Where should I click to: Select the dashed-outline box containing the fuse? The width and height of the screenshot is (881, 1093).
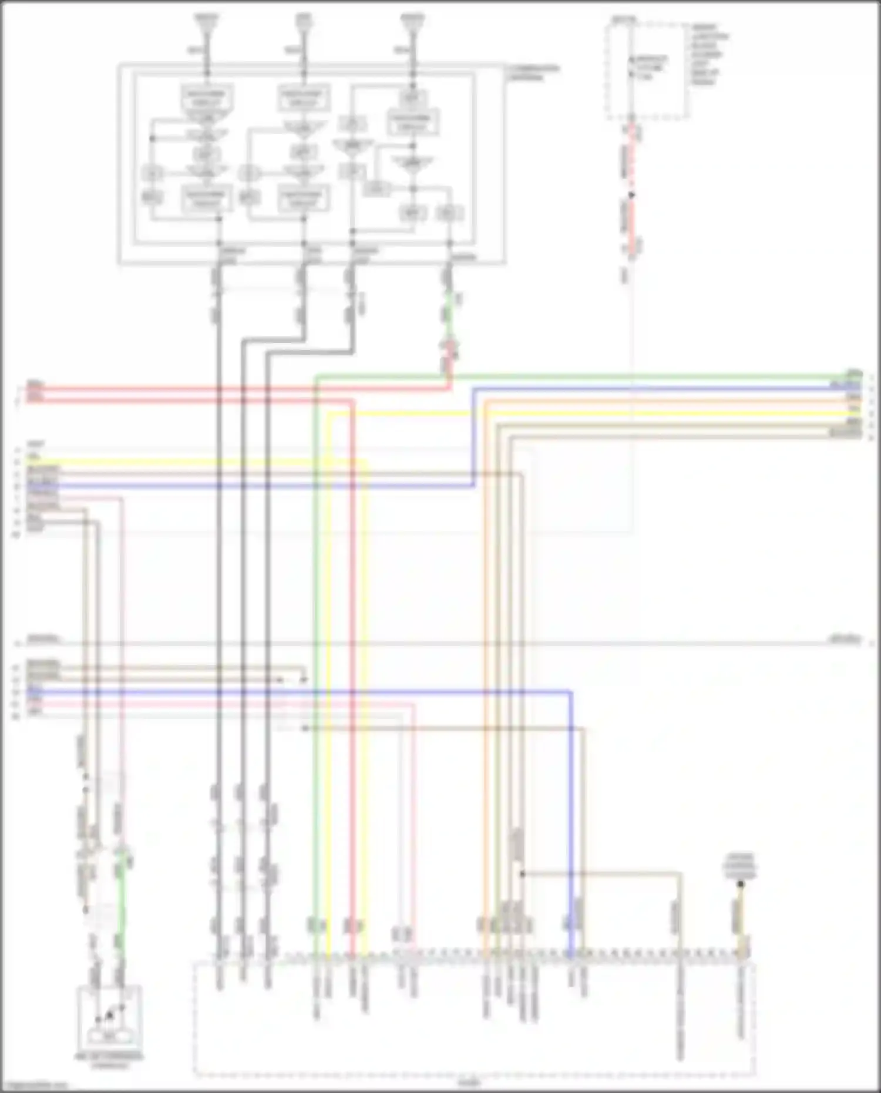coord(647,70)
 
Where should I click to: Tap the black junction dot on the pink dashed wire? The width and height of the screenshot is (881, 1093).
coord(632,194)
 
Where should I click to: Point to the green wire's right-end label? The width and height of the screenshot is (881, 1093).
coord(853,373)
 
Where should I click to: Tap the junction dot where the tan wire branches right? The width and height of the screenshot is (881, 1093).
coord(522,874)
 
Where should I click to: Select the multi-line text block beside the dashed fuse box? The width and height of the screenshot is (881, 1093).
coord(709,54)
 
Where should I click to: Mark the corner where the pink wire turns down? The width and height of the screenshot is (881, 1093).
coord(123,499)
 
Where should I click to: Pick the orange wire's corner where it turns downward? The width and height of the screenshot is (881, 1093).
coord(485,402)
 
